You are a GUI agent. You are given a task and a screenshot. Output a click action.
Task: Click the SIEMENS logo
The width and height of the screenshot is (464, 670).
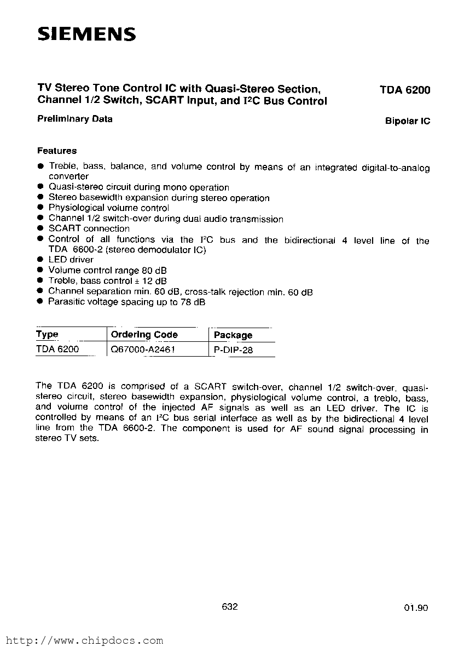[x=86, y=35]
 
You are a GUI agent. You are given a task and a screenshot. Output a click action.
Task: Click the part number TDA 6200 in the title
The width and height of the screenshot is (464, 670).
[x=405, y=90]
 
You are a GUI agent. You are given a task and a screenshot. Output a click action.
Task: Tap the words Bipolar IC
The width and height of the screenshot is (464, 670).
[x=408, y=121]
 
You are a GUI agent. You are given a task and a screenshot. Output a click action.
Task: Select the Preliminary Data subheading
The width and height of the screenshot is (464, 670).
[x=74, y=119]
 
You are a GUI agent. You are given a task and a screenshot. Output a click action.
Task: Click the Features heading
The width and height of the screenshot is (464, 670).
[x=57, y=151]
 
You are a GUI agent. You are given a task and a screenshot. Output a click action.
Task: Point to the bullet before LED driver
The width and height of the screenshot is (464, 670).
[x=40, y=260]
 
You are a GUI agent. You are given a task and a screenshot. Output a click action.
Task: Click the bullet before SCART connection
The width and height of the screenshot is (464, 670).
[x=40, y=228]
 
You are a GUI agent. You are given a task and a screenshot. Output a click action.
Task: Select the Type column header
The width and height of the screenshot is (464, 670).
[x=47, y=334]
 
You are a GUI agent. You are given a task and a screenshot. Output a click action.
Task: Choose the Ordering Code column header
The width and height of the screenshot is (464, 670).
[x=144, y=334]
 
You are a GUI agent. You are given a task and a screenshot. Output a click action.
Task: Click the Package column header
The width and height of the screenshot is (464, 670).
[x=233, y=335]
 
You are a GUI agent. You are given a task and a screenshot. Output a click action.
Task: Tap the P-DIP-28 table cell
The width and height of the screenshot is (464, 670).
[x=234, y=350]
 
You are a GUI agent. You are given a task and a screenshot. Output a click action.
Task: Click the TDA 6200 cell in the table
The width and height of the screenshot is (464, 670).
[x=57, y=349]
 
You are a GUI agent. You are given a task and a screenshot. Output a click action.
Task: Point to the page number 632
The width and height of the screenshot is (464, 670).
[x=230, y=606]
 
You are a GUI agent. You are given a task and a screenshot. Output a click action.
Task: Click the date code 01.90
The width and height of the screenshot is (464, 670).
[x=416, y=608]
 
